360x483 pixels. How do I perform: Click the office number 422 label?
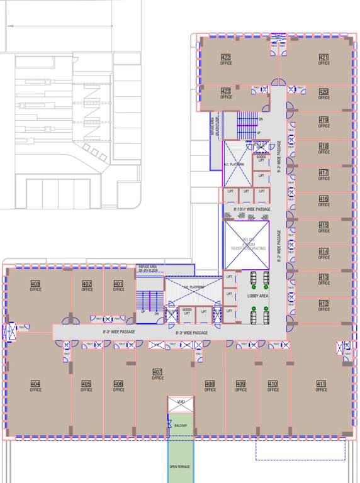pyautogui.click(x=226, y=58)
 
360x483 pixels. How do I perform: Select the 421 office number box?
pyautogui.click(x=323, y=58)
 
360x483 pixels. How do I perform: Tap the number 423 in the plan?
pyautogui.click(x=226, y=91)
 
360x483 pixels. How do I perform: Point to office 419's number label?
pyautogui.click(x=323, y=120)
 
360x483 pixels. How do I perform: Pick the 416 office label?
pyautogui.click(x=323, y=199)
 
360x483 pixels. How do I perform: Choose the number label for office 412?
pyautogui.click(x=323, y=303)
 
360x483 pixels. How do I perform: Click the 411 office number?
pyautogui.click(x=321, y=384)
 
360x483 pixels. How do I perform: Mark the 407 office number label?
pyautogui.click(x=157, y=372)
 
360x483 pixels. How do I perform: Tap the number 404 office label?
pyautogui.click(x=35, y=384)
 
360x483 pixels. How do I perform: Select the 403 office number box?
pyautogui.click(x=35, y=284)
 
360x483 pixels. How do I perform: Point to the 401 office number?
pyautogui.click(x=118, y=284)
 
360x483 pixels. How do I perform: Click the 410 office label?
pyautogui.click(x=273, y=384)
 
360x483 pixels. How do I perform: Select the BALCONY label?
pyautogui.click(x=181, y=425)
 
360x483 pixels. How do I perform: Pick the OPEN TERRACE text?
pyautogui.click(x=180, y=466)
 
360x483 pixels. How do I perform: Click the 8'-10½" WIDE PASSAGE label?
pyautogui.click(x=252, y=209)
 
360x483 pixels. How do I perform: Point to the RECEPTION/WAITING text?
pyautogui.click(x=246, y=248)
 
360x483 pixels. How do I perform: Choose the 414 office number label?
pyautogui.click(x=323, y=251)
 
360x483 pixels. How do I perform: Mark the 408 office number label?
pyautogui.click(x=210, y=384)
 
